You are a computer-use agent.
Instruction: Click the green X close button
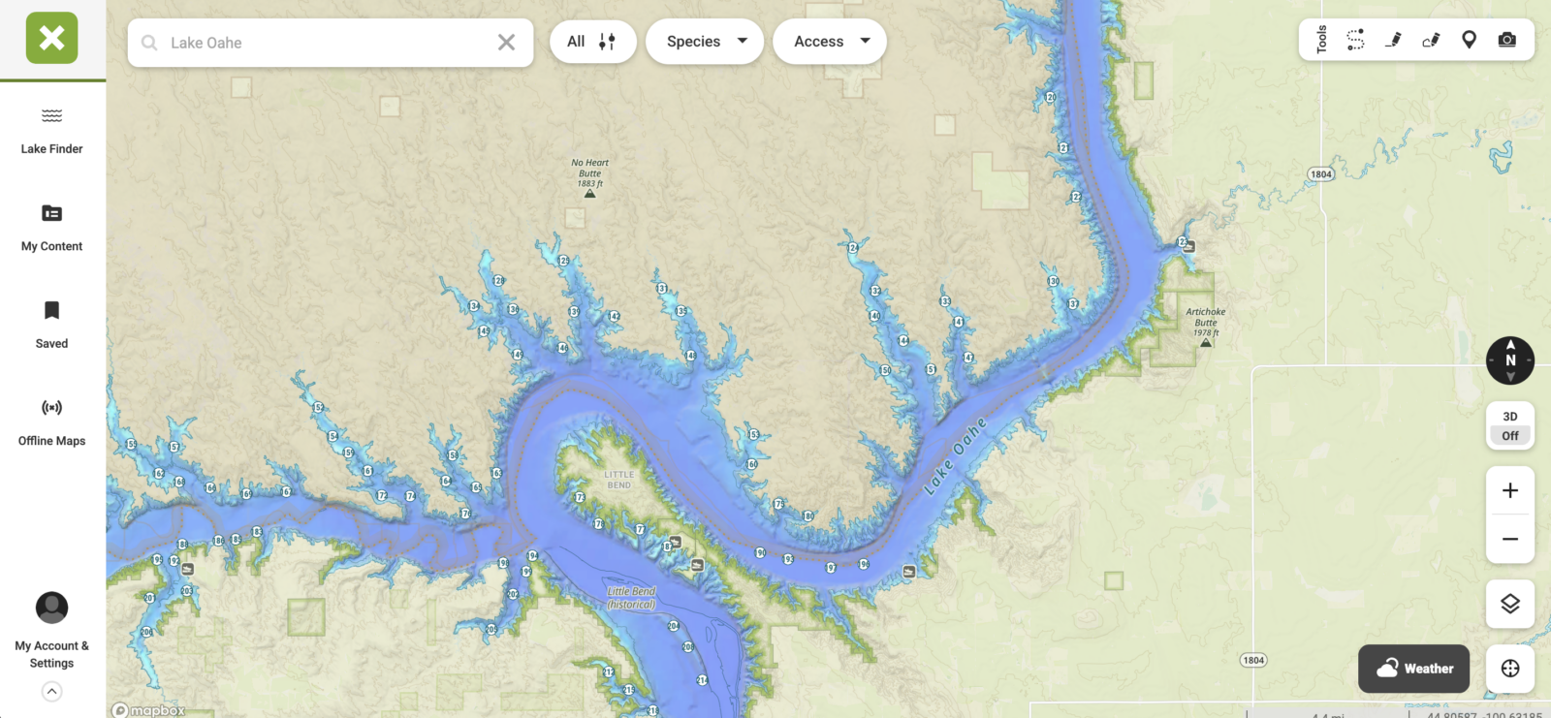point(52,39)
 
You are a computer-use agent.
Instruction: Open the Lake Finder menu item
point(52,131)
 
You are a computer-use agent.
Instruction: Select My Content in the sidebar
point(52,228)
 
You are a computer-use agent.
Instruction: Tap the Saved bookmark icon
point(52,311)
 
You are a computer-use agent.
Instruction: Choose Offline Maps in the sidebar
point(52,422)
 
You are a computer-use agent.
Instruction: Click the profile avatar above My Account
point(52,608)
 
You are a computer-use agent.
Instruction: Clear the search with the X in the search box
point(506,43)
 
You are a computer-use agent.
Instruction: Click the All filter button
point(592,42)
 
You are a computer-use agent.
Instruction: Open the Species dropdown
point(705,42)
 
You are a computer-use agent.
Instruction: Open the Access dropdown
point(830,42)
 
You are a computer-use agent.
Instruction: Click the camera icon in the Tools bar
point(1506,40)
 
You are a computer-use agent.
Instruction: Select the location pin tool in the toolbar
point(1469,40)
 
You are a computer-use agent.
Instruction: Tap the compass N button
point(1509,360)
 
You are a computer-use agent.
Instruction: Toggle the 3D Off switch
point(1509,426)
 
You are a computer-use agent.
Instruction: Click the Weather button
point(1413,669)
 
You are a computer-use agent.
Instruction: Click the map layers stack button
point(1509,604)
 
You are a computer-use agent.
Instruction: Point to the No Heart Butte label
point(589,173)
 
